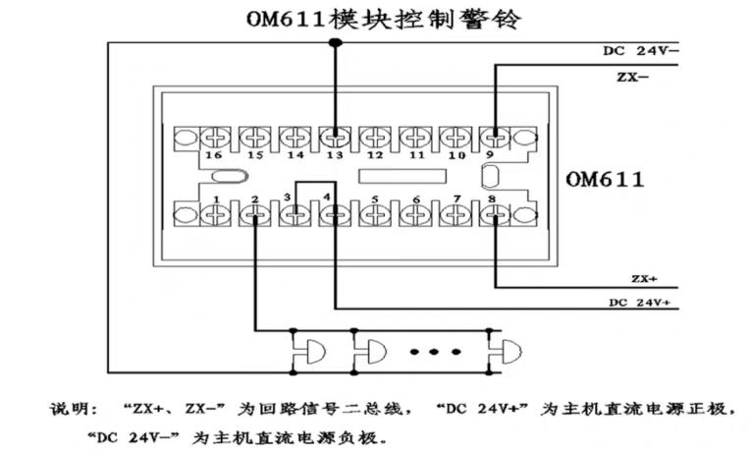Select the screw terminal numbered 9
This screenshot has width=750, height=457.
[497, 137]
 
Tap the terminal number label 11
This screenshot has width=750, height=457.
[416, 156]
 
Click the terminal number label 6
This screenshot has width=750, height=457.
[416, 200]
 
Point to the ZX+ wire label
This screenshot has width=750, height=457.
[645, 278]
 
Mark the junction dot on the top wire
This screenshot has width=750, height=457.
[336, 42]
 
